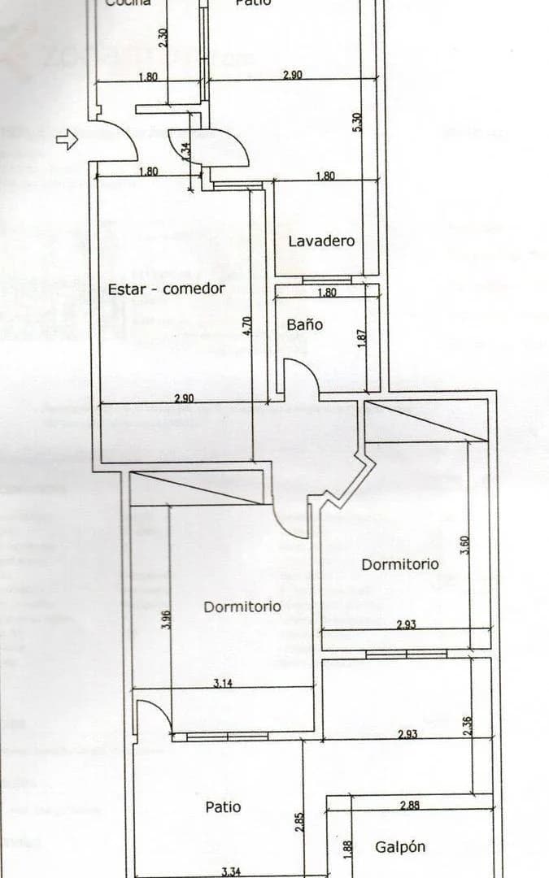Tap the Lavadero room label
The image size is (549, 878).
tap(321, 241)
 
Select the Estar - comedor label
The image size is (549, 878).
tap(166, 289)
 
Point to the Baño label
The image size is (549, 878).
tap(304, 324)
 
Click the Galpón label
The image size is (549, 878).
tap(400, 847)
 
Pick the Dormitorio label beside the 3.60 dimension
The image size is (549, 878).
tap(400, 563)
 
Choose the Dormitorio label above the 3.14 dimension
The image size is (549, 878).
tap(242, 606)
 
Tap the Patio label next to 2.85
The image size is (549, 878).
tap(222, 807)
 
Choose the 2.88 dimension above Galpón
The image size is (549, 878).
tap(410, 806)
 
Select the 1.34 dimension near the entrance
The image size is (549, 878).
tap(185, 151)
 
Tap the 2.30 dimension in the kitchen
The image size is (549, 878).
tap(163, 38)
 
